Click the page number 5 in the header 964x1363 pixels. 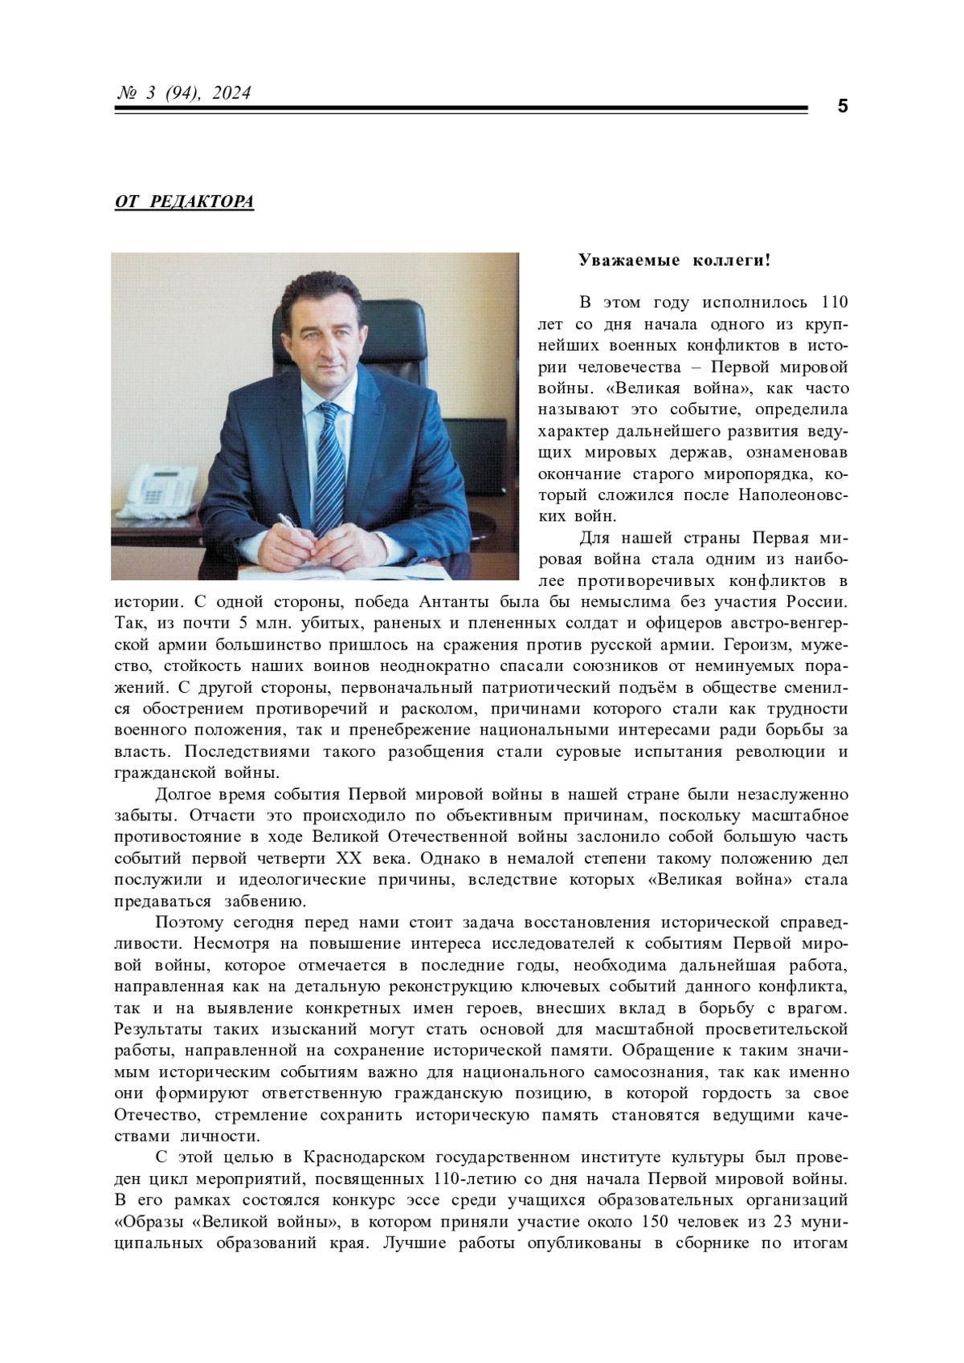pos(842,106)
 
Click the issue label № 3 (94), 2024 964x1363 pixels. pos(184,94)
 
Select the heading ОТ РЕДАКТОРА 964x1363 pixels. pos(184,201)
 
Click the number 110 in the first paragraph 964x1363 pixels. pos(830,303)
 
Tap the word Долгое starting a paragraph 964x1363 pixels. pos(183,795)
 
